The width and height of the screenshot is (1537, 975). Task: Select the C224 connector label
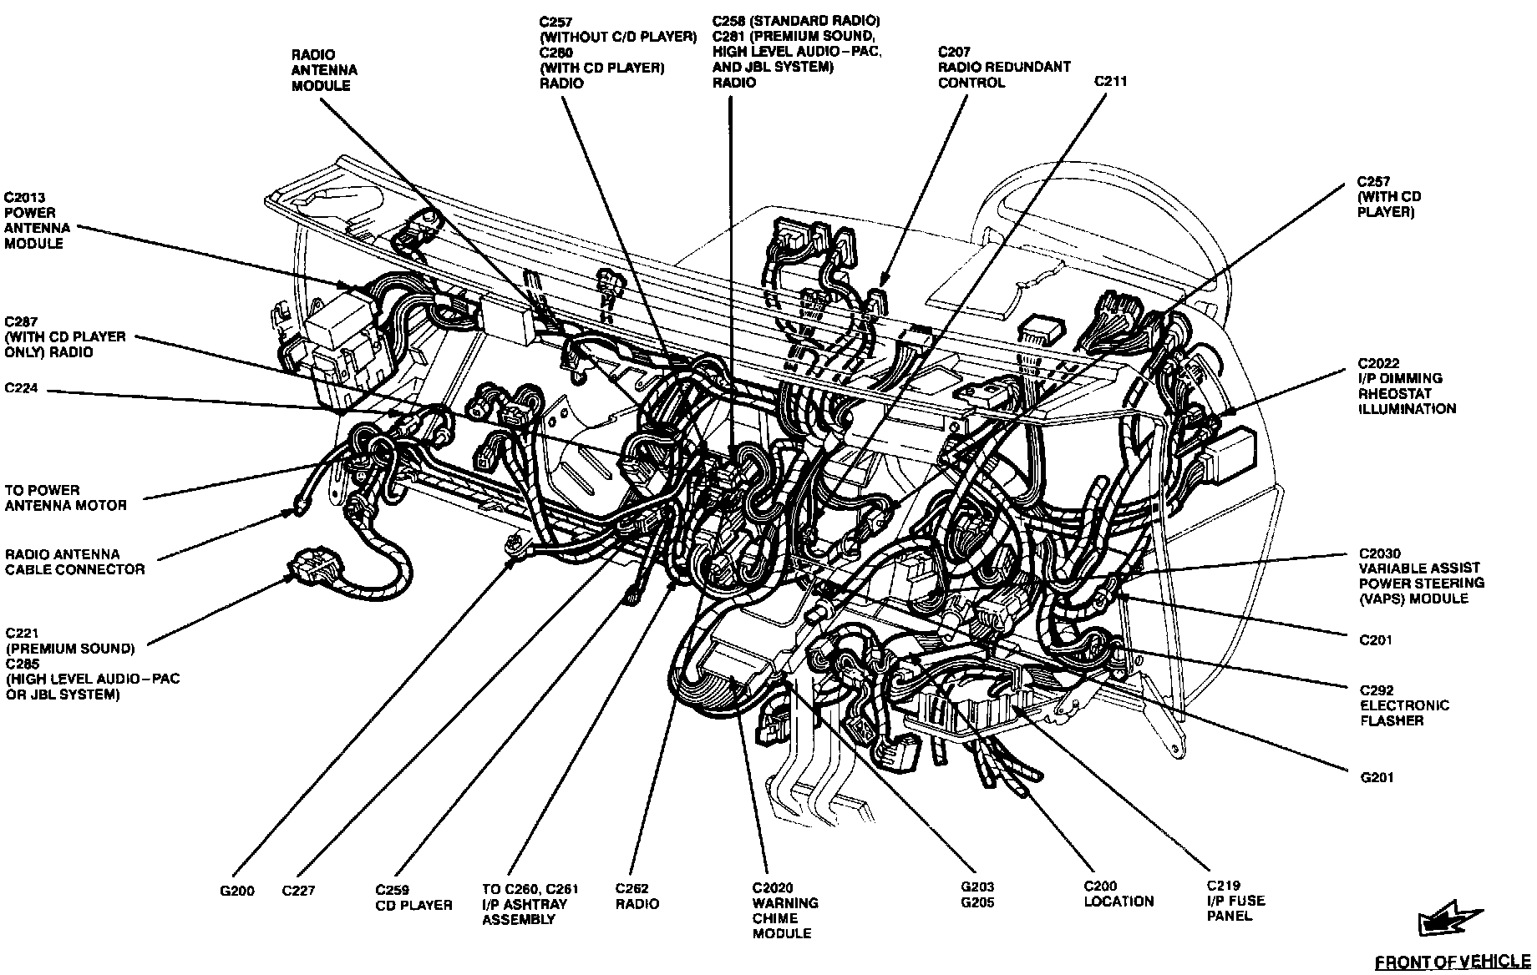pyautogui.click(x=21, y=388)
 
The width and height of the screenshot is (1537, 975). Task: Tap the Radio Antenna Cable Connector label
pyautogui.click(x=74, y=562)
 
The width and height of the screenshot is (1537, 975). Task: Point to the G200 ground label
pyautogui.click(x=237, y=891)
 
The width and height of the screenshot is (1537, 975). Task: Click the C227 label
pyautogui.click(x=298, y=891)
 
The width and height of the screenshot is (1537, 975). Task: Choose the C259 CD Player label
pyautogui.click(x=413, y=897)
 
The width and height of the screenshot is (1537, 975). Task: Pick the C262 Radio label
pyautogui.click(x=637, y=897)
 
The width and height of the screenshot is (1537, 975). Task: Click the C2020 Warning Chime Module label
pyautogui.click(x=785, y=911)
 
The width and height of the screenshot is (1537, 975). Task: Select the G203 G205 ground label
pyautogui.click(x=977, y=895)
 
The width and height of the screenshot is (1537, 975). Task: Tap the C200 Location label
pyautogui.click(x=1119, y=894)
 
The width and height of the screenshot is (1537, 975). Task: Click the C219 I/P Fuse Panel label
pyautogui.click(x=1235, y=901)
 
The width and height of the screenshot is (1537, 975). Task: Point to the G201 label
pyautogui.click(x=1377, y=778)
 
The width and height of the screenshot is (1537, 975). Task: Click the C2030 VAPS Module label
pyautogui.click(x=1421, y=576)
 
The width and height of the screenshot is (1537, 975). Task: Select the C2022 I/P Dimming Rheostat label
pyautogui.click(x=1406, y=386)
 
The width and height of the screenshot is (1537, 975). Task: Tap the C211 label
pyautogui.click(x=1111, y=82)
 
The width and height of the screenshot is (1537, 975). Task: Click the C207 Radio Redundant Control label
pyautogui.click(x=1003, y=67)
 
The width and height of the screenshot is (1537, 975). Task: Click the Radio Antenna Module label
pyautogui.click(x=324, y=70)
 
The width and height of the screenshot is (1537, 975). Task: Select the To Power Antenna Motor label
pyautogui.click(x=65, y=498)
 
